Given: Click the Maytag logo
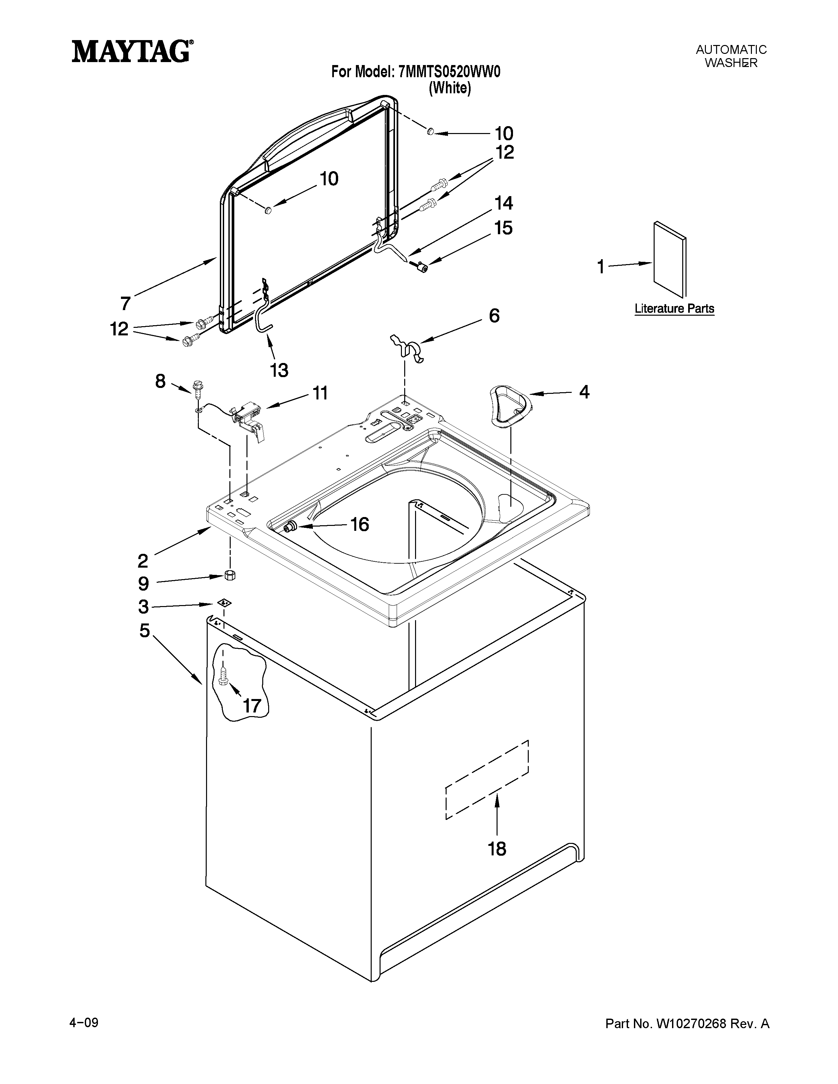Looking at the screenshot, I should point(131,51).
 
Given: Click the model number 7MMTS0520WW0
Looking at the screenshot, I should point(449,73).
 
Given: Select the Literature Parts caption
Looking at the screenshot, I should point(674,309).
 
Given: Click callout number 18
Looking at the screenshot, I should point(497,849).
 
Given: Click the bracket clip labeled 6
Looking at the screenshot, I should point(407,348).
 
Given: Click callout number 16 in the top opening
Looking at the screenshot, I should point(360,525).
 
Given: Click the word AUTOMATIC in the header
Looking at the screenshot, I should point(731,50).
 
